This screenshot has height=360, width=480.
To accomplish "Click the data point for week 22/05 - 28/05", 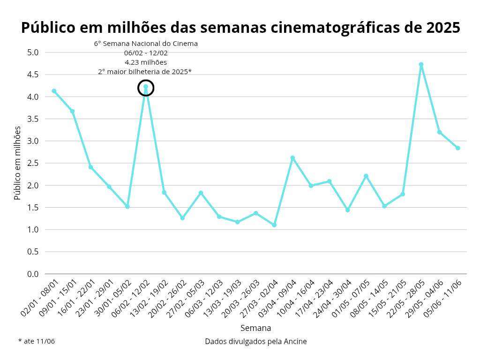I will pyautogui.click(x=421, y=65).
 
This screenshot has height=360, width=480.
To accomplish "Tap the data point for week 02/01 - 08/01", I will pyautogui.click(x=54, y=91).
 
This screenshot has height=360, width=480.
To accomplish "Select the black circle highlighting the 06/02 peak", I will pyautogui.click(x=146, y=88).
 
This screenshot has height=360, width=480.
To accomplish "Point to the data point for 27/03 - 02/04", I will pyautogui.click(x=274, y=225).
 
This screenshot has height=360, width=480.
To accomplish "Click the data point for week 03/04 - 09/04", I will pyautogui.click(x=292, y=158).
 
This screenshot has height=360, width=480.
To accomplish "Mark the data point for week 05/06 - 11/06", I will pyautogui.click(x=457, y=148).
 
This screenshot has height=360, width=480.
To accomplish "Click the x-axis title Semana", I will pyautogui.click(x=255, y=328).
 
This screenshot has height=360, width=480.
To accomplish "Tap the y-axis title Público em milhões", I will pyautogui.click(x=18, y=163).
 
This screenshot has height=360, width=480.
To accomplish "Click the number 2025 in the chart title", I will pyautogui.click(x=443, y=28).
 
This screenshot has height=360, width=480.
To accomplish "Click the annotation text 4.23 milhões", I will pyautogui.click(x=146, y=62).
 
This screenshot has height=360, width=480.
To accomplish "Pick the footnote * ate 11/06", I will pyautogui.click(x=37, y=341).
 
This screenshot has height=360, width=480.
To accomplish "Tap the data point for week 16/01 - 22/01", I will pyautogui.click(x=90, y=167).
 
